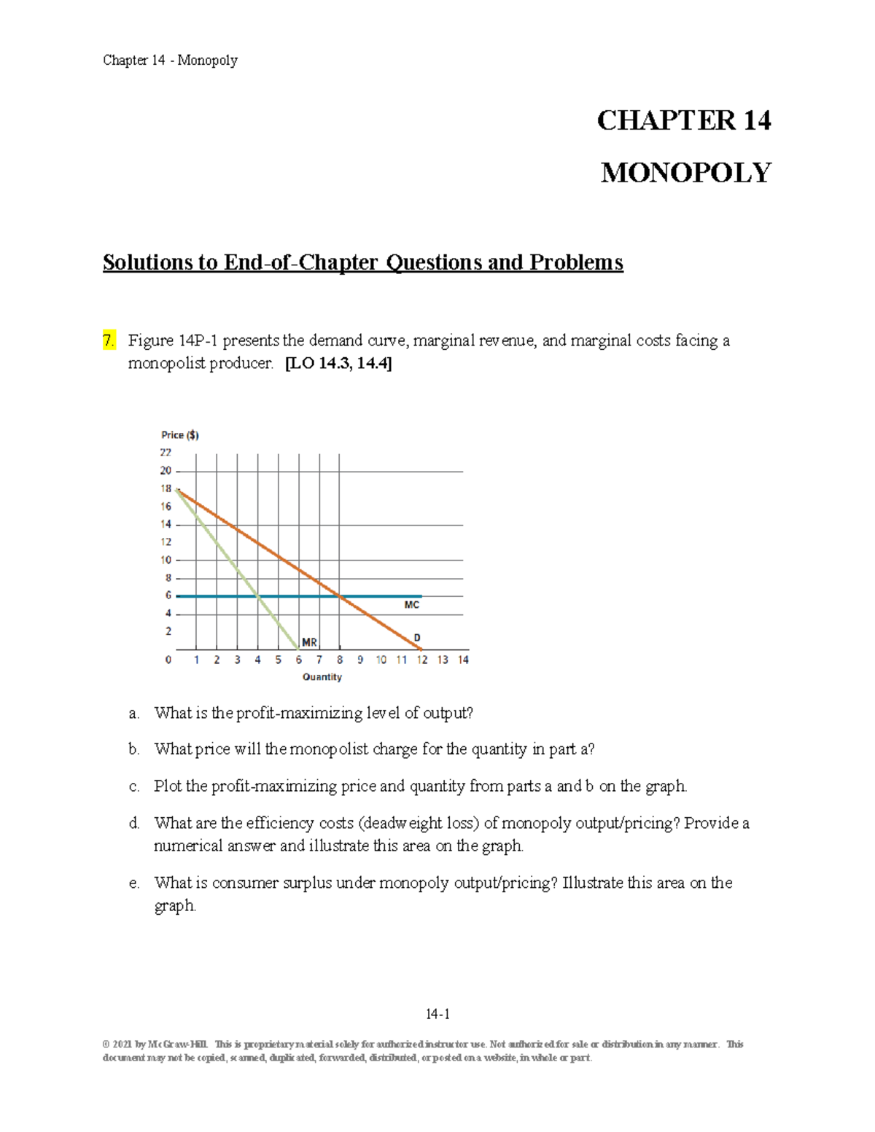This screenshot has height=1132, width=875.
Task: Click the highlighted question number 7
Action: tap(109, 340)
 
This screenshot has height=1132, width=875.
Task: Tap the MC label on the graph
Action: tap(411, 605)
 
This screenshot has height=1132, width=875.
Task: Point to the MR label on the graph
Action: tap(309, 642)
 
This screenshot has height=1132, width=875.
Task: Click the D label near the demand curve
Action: tap(417, 637)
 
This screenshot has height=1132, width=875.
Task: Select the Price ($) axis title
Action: tap(180, 435)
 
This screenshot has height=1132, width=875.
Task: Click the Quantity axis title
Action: tap(322, 677)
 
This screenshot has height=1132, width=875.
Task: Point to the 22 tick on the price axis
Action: tap(166, 453)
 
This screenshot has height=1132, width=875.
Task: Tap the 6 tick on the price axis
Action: tap(168, 596)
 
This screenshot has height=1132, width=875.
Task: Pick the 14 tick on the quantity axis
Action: tap(463, 660)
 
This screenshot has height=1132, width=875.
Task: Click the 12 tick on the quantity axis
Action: tap(422, 660)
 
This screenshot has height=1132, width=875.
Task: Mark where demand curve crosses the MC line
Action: tap(340, 596)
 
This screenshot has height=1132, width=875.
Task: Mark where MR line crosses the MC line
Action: tap(258, 596)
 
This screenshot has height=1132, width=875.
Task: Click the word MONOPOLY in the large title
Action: tap(685, 173)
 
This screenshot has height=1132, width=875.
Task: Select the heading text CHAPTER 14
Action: tap(684, 120)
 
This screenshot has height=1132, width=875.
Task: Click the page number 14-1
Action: tap(437, 1014)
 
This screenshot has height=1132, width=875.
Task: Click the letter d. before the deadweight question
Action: tap(133, 824)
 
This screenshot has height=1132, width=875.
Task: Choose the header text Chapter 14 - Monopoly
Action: tap(170, 60)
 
